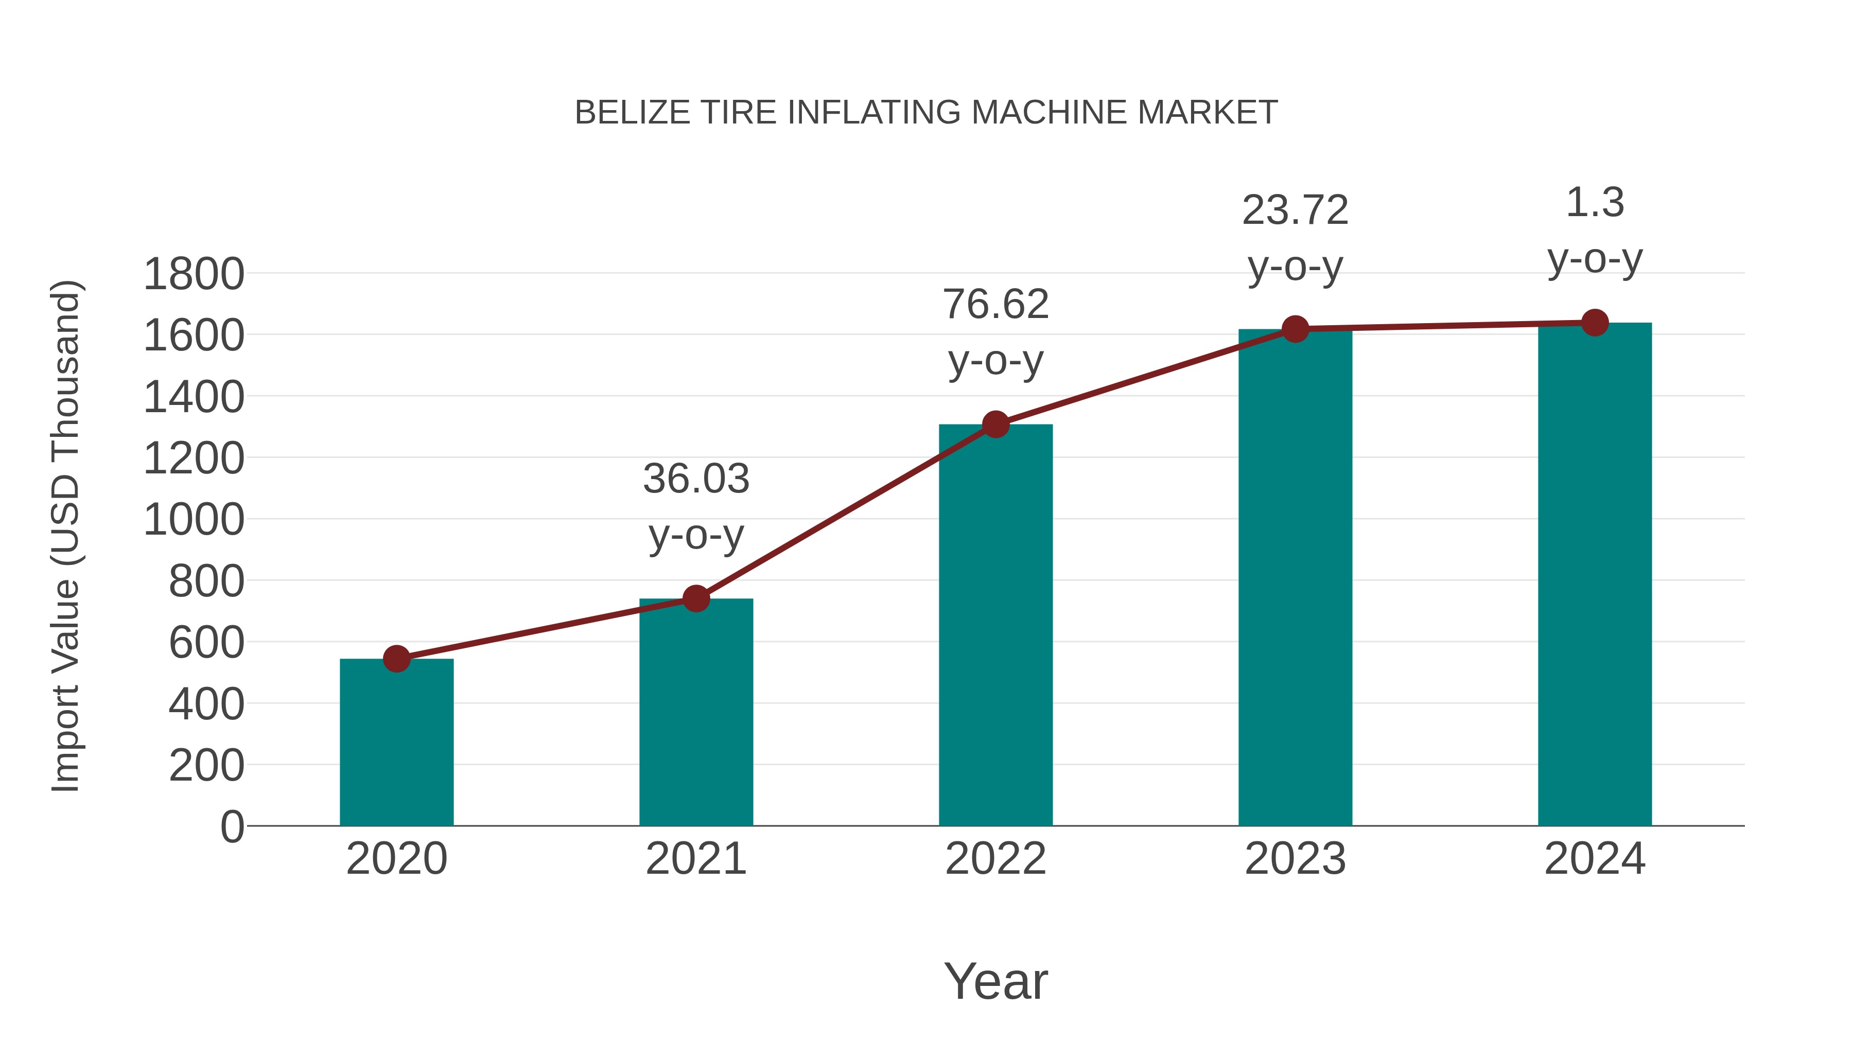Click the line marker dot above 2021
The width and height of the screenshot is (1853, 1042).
(x=695, y=598)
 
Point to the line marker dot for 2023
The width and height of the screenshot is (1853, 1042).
(x=1295, y=329)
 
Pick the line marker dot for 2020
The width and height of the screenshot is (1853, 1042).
(x=396, y=659)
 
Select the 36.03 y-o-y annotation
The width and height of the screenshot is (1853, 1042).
(x=695, y=506)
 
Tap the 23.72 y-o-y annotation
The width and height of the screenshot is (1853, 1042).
(x=1295, y=238)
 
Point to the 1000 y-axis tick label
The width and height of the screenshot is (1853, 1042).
(x=194, y=520)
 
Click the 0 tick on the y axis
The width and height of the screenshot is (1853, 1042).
(x=232, y=827)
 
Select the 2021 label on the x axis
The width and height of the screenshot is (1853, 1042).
(x=695, y=859)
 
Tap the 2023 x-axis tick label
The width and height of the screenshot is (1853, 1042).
(x=1295, y=859)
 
